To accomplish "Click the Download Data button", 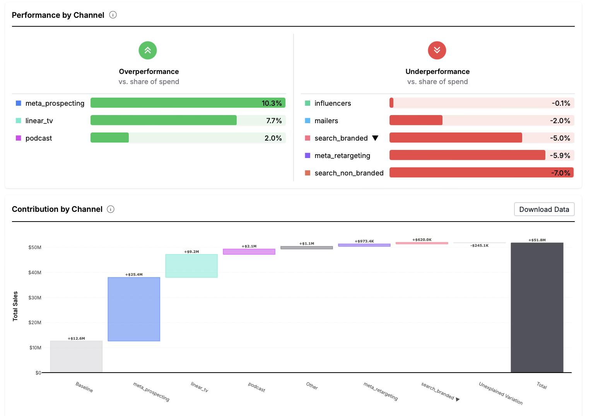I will click(x=544, y=209).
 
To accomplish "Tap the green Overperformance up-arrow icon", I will click(x=148, y=50).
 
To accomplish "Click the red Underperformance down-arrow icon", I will click(x=437, y=50).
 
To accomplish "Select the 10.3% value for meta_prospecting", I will click(x=272, y=103).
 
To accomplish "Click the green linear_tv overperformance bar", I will click(x=163, y=120).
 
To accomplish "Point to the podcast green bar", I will click(x=109, y=138).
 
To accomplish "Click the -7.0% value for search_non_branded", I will click(x=560, y=173).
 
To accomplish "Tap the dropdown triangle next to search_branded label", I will click(x=375, y=138).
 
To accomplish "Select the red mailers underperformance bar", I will click(x=416, y=120).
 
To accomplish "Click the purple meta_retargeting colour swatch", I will click(x=307, y=155).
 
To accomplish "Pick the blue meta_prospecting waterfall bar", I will click(x=134, y=309).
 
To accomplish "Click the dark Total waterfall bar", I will click(x=537, y=308).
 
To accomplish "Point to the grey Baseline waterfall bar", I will click(x=76, y=357).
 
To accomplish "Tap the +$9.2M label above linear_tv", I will click(x=191, y=252).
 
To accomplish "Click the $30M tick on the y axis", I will click(x=35, y=297).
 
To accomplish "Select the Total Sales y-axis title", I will click(x=15, y=306).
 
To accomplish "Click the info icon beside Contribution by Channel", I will click(x=111, y=209).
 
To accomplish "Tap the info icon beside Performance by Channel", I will click(x=113, y=15).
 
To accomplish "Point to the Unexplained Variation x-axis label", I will click(x=500, y=393).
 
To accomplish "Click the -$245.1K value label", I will click(x=479, y=246).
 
